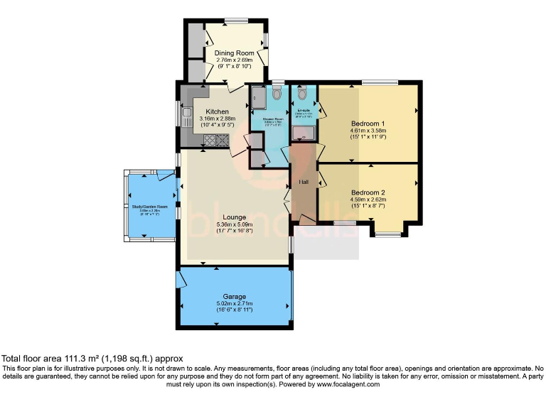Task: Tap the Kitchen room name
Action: click(217, 111)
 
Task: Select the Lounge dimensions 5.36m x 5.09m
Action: click(234, 225)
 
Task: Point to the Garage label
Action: click(235, 296)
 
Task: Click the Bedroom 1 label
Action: click(368, 121)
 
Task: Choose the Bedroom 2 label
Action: click(368, 192)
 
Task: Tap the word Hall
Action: click(304, 182)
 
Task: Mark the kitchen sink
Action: click(187, 116)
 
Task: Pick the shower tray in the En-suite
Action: click(305, 132)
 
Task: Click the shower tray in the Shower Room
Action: click(257, 98)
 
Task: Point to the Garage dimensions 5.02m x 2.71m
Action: click(235, 304)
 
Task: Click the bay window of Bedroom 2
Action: click(387, 234)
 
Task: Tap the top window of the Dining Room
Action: click(235, 19)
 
